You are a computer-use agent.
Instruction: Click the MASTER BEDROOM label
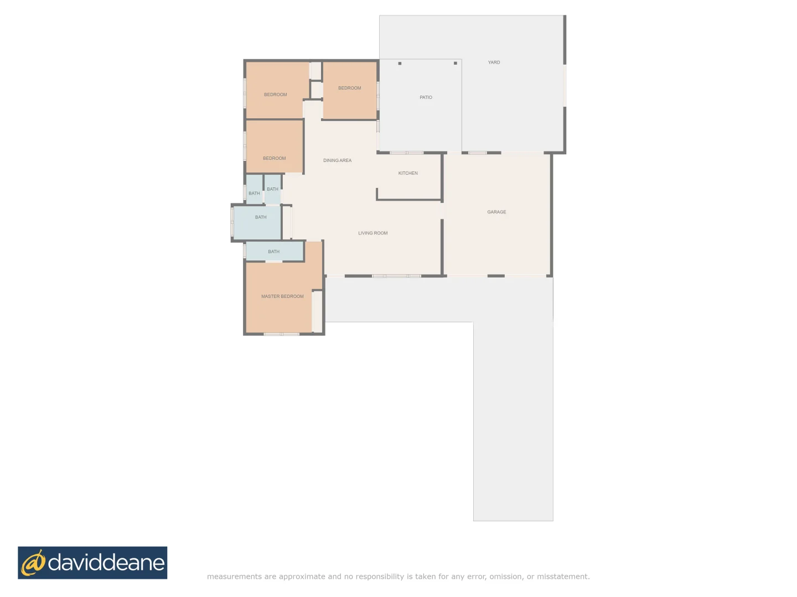(282, 296)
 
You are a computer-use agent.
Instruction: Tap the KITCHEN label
(408, 173)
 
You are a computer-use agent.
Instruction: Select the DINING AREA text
(337, 160)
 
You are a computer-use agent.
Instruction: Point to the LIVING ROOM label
(372, 233)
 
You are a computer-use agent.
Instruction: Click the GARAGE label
(496, 212)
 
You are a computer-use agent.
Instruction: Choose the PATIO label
(426, 97)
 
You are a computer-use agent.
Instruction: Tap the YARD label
(494, 62)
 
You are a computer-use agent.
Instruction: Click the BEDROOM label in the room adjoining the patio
(349, 88)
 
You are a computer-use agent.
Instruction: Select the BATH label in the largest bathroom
(261, 217)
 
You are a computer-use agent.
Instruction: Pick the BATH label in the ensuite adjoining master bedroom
(273, 252)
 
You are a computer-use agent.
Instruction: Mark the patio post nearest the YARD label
(456, 63)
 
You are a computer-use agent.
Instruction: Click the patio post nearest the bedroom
(400, 64)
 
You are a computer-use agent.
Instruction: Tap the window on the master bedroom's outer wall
(281, 334)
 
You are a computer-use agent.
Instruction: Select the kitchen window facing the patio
(406, 153)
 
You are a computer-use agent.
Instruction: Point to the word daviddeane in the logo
(106, 563)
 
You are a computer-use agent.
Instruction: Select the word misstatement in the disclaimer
(562, 577)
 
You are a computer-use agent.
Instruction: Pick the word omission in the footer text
(505, 577)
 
